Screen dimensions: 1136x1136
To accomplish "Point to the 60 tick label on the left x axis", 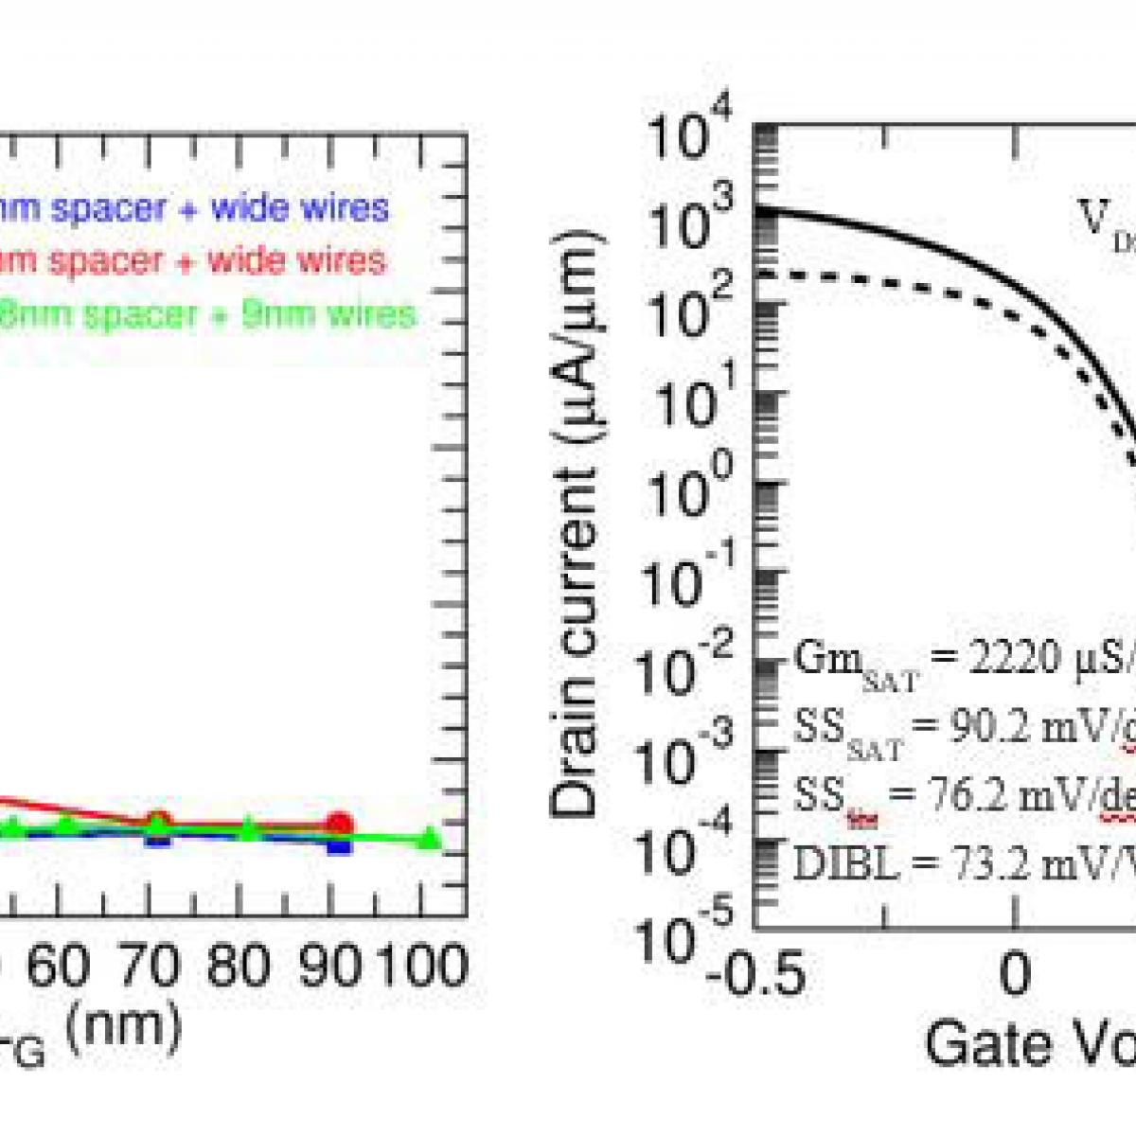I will pyautogui.click(x=60, y=967).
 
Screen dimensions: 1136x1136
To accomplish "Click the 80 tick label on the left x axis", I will pyautogui.click(x=239, y=967).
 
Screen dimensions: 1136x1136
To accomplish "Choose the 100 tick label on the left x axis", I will pyautogui.click(x=423, y=967).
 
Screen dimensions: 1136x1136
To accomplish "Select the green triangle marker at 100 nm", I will pyautogui.click(x=429, y=838).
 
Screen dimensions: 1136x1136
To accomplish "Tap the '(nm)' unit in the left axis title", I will pyautogui.click(x=125, y=1026).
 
